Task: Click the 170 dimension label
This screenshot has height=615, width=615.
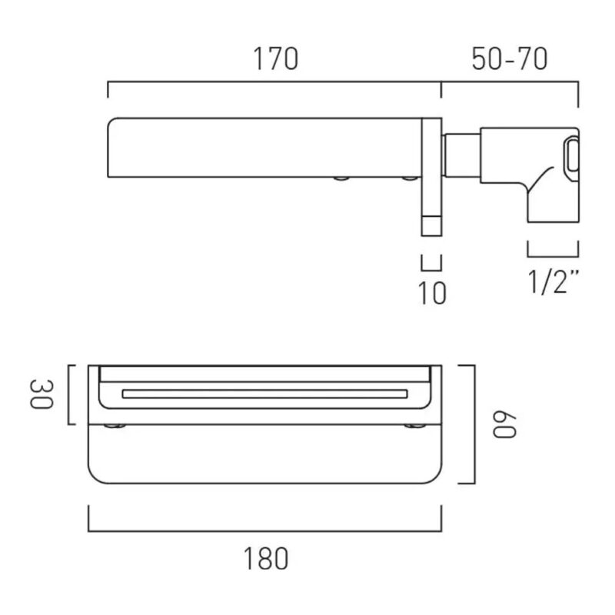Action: tap(276, 59)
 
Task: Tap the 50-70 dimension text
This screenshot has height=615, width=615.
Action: tap(510, 59)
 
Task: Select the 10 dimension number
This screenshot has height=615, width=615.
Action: tap(432, 293)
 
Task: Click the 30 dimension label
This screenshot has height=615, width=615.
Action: tap(41, 394)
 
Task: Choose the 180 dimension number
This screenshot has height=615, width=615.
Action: tap(266, 559)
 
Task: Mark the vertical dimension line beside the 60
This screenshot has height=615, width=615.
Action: tap(474, 424)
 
